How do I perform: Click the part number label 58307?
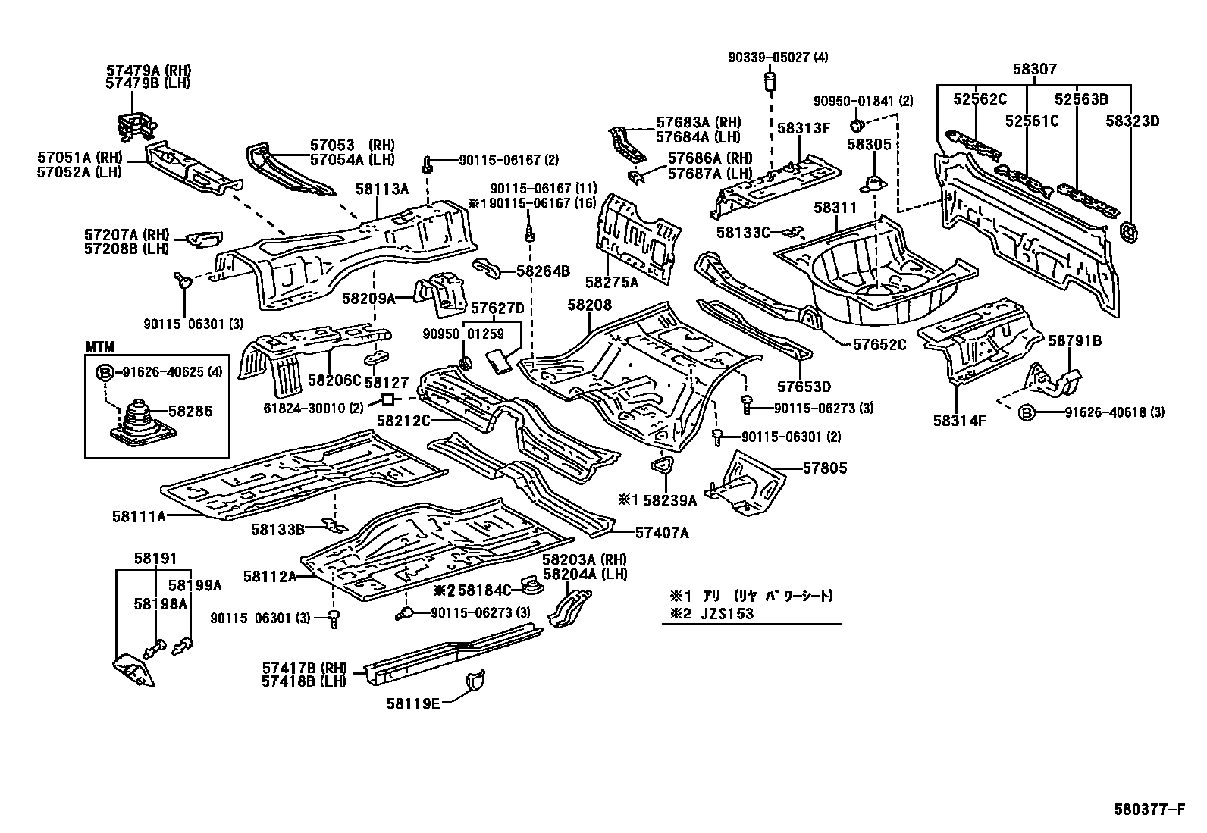coord(1035,69)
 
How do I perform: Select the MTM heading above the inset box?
coord(99,346)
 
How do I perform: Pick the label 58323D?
coord(1132,121)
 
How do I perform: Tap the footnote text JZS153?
coord(727,614)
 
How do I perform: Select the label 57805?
coord(825,468)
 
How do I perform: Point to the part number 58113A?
coord(382,189)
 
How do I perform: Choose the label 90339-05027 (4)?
coord(778,57)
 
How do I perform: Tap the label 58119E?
coord(412,703)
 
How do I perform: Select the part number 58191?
coord(155,558)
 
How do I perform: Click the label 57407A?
coord(662,533)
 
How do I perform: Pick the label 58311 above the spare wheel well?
coord(835,208)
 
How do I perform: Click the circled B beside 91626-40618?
coord(1027,413)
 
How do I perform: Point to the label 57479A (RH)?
coord(148,70)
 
